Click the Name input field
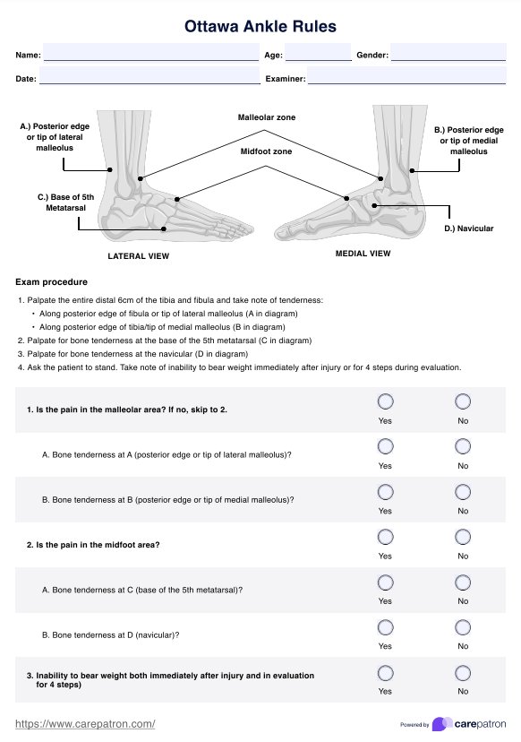pos(151,52)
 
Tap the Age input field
pos(318,52)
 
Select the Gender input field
pos(448,52)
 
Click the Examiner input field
pos(406,75)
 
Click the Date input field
pos(149,75)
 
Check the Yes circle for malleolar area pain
pos(385,401)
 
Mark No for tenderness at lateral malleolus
pos(463,446)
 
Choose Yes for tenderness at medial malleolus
pos(385,492)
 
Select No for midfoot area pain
pos(463,537)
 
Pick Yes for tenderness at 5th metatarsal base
pos(385,582)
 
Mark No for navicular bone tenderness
pos(463,627)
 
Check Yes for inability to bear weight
pos(385,673)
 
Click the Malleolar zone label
pos(267,117)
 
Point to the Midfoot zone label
pos(266,151)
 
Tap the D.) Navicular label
pos(468,229)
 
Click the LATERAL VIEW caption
pos(139,256)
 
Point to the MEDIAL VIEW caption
pos(363,254)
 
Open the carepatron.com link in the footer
pos(85,724)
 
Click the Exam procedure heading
pos(52,282)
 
